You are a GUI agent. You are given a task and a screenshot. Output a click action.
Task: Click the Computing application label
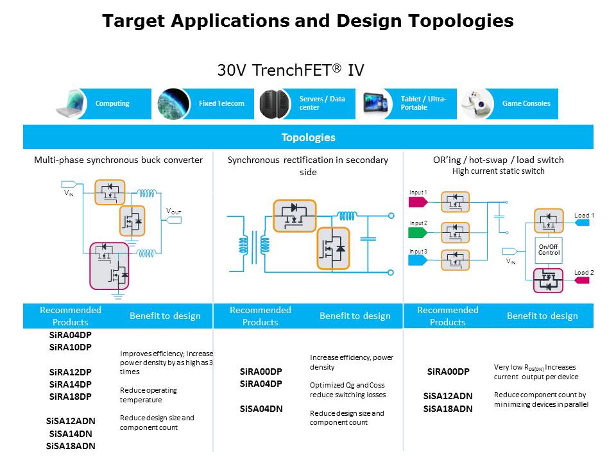pyautogui.click(x=112, y=103)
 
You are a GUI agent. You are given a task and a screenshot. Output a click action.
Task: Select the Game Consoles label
pyautogui.click(x=526, y=103)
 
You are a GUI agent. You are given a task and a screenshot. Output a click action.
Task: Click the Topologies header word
pyautogui.click(x=308, y=137)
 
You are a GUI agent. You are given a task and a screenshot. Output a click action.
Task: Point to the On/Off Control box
pyautogui.click(x=549, y=249)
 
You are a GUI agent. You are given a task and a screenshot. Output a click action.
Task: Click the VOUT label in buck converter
pyautogui.click(x=174, y=212)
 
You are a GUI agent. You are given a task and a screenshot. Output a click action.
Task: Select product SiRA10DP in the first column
pyautogui.click(x=71, y=347)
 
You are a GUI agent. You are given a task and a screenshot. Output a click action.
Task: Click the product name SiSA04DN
pyautogui.click(x=261, y=409)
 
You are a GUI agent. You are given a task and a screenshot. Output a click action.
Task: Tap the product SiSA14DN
pyautogui.click(x=71, y=433)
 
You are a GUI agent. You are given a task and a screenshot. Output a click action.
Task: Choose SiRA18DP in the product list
pyautogui.click(x=71, y=397)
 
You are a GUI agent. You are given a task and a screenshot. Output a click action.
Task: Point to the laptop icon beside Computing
pyautogui.click(x=71, y=104)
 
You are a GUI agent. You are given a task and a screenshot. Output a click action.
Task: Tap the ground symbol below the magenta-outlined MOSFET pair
pyautogui.click(x=118, y=295)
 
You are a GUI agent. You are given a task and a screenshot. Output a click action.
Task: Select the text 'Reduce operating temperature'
pyautogui.click(x=148, y=395)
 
